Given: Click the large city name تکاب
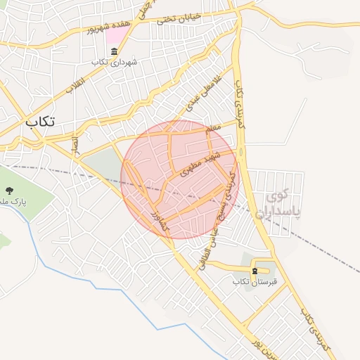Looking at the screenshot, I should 40,122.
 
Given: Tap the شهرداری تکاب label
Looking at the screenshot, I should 114,62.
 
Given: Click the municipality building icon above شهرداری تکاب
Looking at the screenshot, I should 114,50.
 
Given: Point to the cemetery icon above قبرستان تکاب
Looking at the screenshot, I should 255,271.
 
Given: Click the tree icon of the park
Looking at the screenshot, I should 9,191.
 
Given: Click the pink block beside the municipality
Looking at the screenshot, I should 112,34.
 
